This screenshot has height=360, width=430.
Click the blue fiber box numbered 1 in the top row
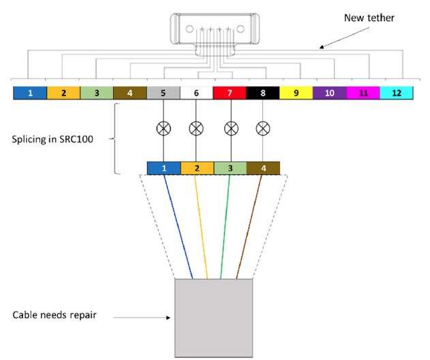pyautogui.click(x=30, y=93)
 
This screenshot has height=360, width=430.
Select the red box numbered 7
pyautogui.click(x=230, y=93)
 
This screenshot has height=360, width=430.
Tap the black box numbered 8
pyautogui.click(x=263, y=93)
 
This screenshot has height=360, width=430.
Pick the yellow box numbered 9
pyautogui.click(x=296, y=93)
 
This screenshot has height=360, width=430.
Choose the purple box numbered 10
pyautogui.click(x=330, y=93)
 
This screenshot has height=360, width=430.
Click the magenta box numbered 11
pyautogui.click(x=363, y=93)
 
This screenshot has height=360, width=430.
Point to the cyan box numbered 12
pyautogui.click(x=397, y=93)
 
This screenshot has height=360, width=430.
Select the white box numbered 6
pyautogui.click(x=196, y=93)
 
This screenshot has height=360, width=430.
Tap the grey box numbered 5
pyautogui.click(x=164, y=93)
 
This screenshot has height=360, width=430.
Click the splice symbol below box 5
pyautogui.click(x=164, y=128)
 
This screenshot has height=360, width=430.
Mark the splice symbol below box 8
pyautogui.click(x=263, y=128)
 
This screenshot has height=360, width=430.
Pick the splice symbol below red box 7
pyautogui.click(x=231, y=128)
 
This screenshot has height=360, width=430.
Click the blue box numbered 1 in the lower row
pyautogui.click(x=164, y=168)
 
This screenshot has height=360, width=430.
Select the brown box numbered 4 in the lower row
pyautogui.click(x=263, y=168)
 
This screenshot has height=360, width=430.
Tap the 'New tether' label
pyautogui.click(x=369, y=18)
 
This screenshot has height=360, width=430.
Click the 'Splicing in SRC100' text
pyautogui.click(x=52, y=139)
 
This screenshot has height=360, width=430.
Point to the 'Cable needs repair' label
pyautogui.click(x=55, y=315)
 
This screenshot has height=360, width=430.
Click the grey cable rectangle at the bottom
pyautogui.click(x=213, y=318)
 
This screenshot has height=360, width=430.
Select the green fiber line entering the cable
pyautogui.click(x=225, y=226)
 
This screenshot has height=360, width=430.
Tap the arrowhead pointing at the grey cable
pyautogui.click(x=168, y=318)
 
